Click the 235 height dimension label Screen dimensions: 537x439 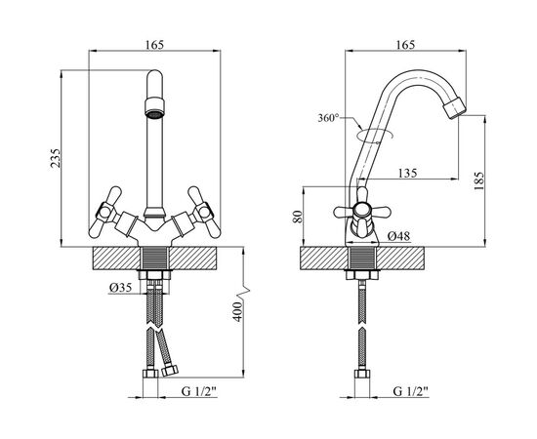[56, 158]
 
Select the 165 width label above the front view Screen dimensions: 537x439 [155, 45]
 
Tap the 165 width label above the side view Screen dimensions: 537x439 [405, 45]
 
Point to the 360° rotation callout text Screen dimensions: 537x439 [328, 118]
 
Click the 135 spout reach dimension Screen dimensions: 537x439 [407, 173]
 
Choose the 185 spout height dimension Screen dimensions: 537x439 [479, 181]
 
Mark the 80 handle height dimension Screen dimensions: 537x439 [299, 217]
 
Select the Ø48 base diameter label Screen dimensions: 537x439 [398, 236]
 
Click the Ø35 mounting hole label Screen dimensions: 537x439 [120, 288]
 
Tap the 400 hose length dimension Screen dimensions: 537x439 [237, 311]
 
